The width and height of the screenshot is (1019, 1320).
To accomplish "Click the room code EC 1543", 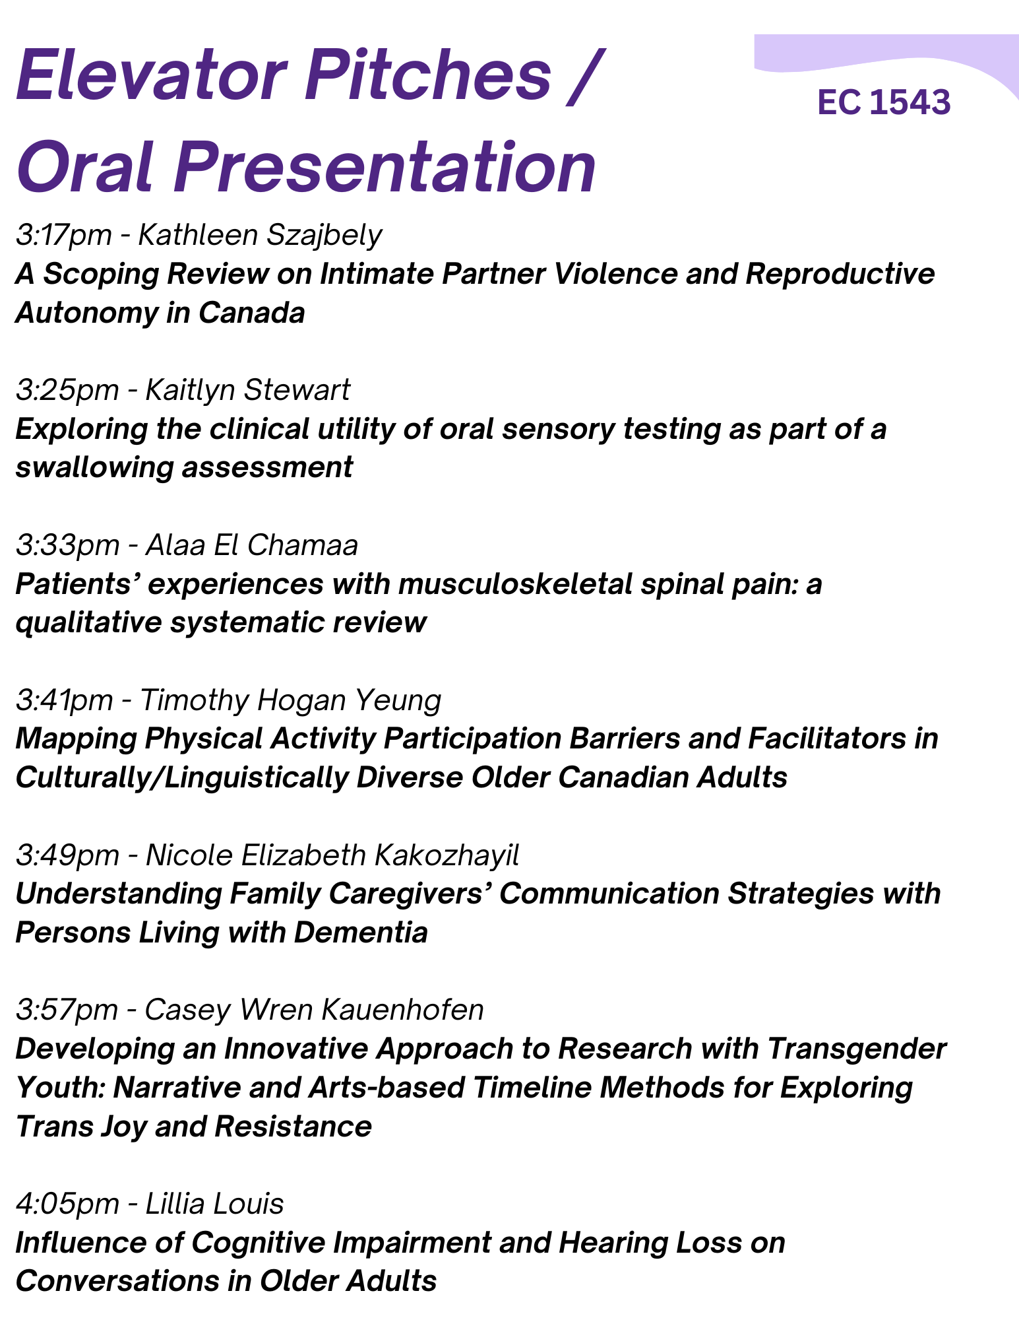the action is [x=884, y=103].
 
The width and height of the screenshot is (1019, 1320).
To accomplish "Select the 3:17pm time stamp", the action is [x=64, y=236].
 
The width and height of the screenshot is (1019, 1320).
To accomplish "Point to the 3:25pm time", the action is [x=67, y=391].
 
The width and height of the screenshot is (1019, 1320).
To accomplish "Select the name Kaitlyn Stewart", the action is [x=247, y=391].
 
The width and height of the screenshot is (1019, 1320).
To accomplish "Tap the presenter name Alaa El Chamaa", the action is [x=251, y=546].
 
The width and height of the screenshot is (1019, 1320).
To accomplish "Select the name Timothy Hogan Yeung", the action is [x=291, y=701].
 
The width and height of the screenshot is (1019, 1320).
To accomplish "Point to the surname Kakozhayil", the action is [x=447, y=856].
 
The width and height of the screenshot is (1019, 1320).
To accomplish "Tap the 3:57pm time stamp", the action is [x=67, y=1011].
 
